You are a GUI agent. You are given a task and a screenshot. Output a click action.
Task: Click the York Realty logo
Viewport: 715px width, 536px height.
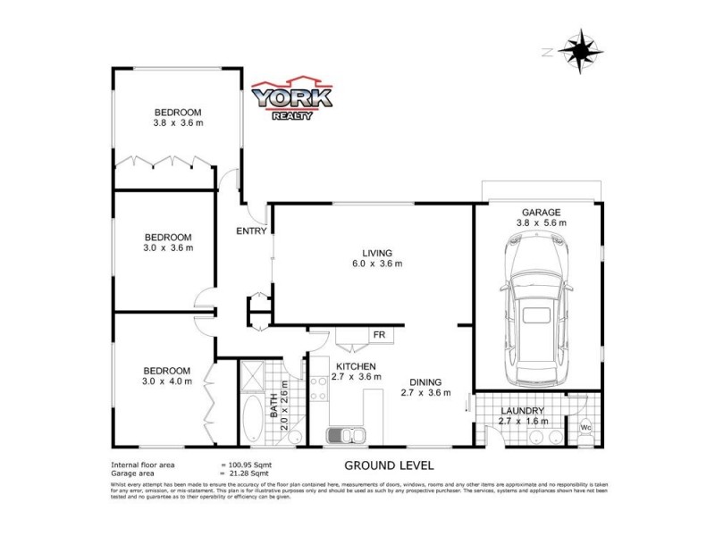(x=291, y=101)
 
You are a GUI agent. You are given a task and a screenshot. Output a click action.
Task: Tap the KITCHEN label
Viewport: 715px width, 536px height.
(x=355, y=366)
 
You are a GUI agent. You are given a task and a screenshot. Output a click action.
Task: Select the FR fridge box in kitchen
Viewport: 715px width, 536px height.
(x=379, y=336)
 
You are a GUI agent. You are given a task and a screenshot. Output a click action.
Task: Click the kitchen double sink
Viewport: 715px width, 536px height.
(x=346, y=436)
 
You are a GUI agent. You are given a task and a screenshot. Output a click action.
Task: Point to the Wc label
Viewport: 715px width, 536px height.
(x=586, y=426)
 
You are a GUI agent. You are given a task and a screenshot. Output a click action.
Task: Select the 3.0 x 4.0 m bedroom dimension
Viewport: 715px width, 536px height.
(x=166, y=382)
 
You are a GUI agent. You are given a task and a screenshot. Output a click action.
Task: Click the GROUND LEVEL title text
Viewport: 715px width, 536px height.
(x=389, y=465)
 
